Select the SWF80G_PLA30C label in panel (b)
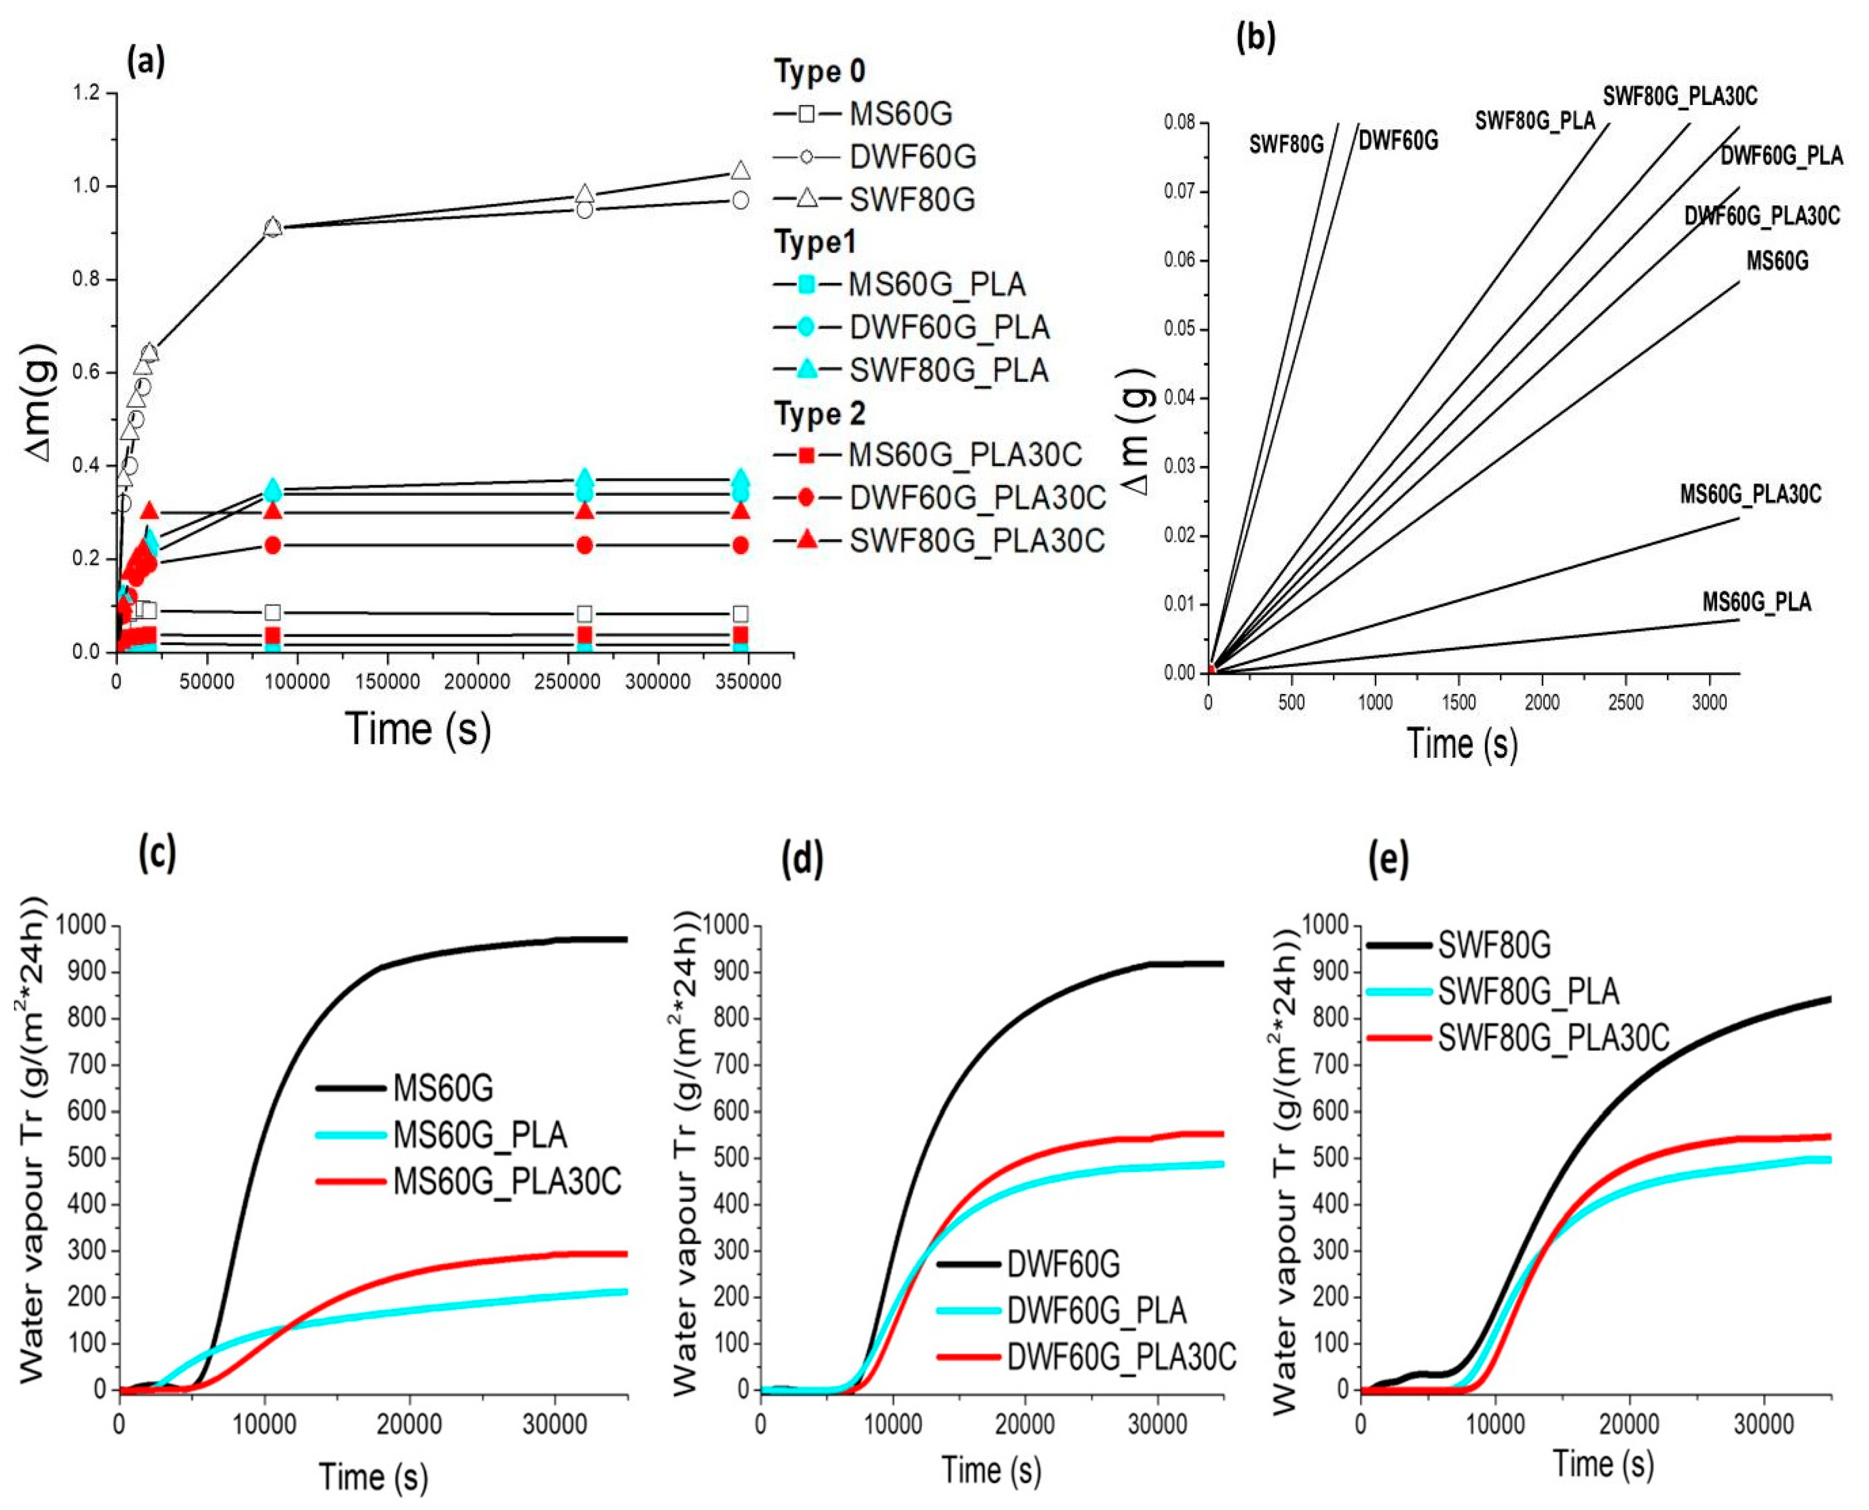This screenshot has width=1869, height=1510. [1679, 96]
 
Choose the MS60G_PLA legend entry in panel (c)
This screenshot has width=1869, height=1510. [480, 1135]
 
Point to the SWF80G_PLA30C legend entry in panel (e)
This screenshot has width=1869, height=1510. [1553, 1039]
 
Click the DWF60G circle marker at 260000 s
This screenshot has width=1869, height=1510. [585, 210]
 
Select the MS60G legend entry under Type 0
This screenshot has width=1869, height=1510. [900, 114]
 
